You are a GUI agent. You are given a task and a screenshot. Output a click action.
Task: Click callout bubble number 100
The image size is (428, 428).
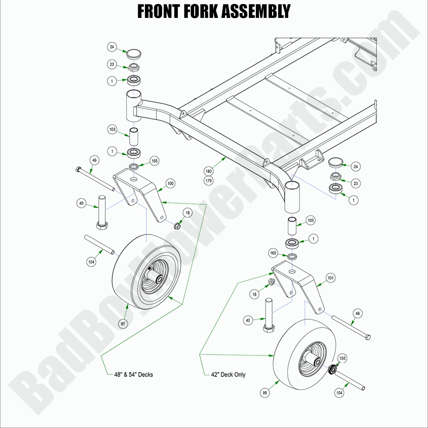point(170,184)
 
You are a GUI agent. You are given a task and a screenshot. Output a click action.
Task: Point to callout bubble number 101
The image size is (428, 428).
point(331,277)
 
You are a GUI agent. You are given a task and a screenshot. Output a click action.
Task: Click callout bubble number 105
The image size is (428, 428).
point(342,359)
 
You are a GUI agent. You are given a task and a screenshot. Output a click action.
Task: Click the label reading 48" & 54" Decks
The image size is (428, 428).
point(130,374)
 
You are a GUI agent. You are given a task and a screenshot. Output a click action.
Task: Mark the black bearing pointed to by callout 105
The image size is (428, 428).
point(332,369)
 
